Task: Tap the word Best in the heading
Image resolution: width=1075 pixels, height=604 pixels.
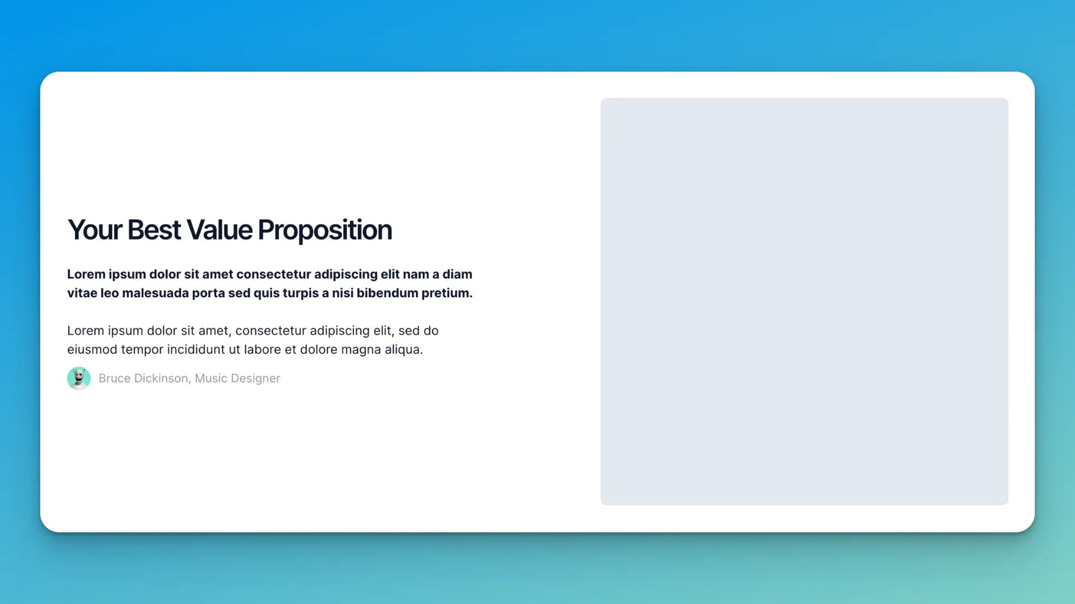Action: [x=154, y=230]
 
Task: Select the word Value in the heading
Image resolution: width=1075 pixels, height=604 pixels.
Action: [x=219, y=230]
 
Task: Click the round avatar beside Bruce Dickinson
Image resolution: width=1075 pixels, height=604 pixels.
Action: [x=79, y=378]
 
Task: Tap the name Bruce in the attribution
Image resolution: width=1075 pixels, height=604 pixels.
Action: [x=114, y=378]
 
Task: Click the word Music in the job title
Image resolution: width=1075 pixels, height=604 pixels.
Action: [x=211, y=378]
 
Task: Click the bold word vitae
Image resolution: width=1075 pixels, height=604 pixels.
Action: [x=82, y=293]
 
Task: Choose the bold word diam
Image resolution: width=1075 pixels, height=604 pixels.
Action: [x=457, y=274]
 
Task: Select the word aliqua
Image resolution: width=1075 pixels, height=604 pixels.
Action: [x=404, y=350]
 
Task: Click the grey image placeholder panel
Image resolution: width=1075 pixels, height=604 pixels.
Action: [x=805, y=302]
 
